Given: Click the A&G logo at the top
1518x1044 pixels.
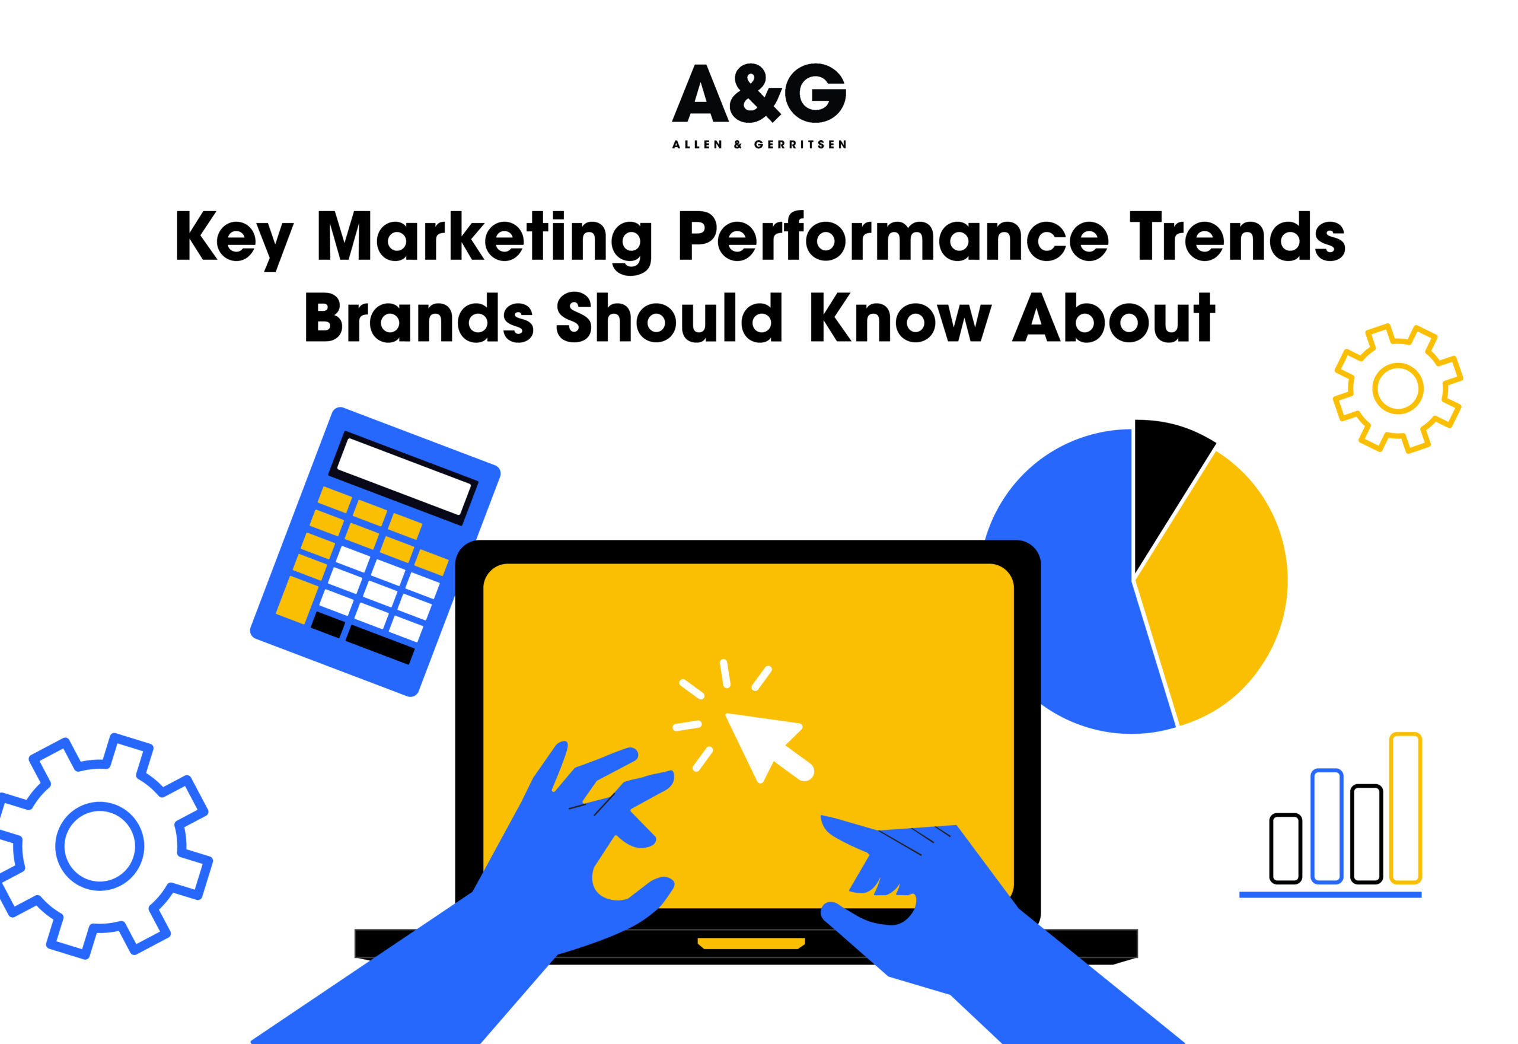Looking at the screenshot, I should click(759, 93).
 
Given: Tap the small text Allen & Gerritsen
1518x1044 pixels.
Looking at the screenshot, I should click(759, 145).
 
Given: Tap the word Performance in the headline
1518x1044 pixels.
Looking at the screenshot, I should click(893, 237).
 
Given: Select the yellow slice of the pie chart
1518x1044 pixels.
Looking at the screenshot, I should click(1216, 588).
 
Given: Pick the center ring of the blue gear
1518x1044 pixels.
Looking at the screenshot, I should click(100, 846).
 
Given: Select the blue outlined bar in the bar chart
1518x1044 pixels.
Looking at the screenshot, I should click(1326, 827).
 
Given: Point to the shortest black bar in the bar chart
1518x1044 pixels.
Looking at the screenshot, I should click(1286, 848).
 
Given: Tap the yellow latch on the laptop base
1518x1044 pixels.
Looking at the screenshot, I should click(751, 943).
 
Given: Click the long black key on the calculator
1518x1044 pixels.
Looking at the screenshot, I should click(380, 644).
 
